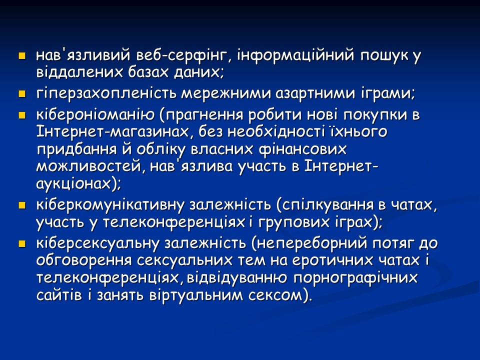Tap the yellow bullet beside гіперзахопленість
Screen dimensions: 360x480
point(21,93)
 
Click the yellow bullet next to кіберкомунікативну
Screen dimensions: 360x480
point(21,205)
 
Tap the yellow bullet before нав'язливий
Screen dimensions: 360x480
point(21,55)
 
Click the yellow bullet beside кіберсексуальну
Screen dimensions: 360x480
point(21,243)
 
